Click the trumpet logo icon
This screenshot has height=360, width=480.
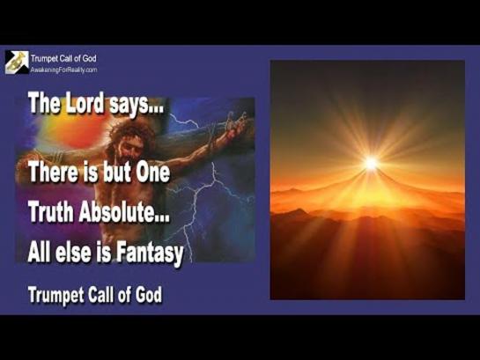(17, 62)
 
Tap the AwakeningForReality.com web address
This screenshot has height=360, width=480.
(63, 70)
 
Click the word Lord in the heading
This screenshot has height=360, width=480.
(85, 103)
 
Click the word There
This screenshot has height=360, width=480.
(53, 172)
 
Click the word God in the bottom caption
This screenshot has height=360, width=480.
(149, 294)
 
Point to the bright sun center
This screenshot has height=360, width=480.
(372, 163)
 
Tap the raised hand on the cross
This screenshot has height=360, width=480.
(236, 121)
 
